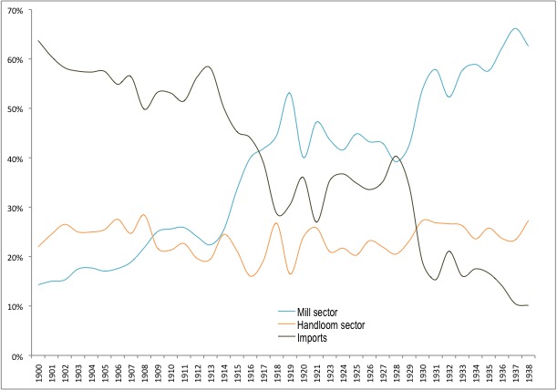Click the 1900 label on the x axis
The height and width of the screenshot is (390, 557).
click(40, 373)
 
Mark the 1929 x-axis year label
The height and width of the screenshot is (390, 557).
click(412, 373)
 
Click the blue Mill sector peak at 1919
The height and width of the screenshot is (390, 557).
click(289, 93)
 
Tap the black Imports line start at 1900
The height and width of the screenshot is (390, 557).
click(39, 41)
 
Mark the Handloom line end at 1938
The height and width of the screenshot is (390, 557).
click(528, 221)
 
